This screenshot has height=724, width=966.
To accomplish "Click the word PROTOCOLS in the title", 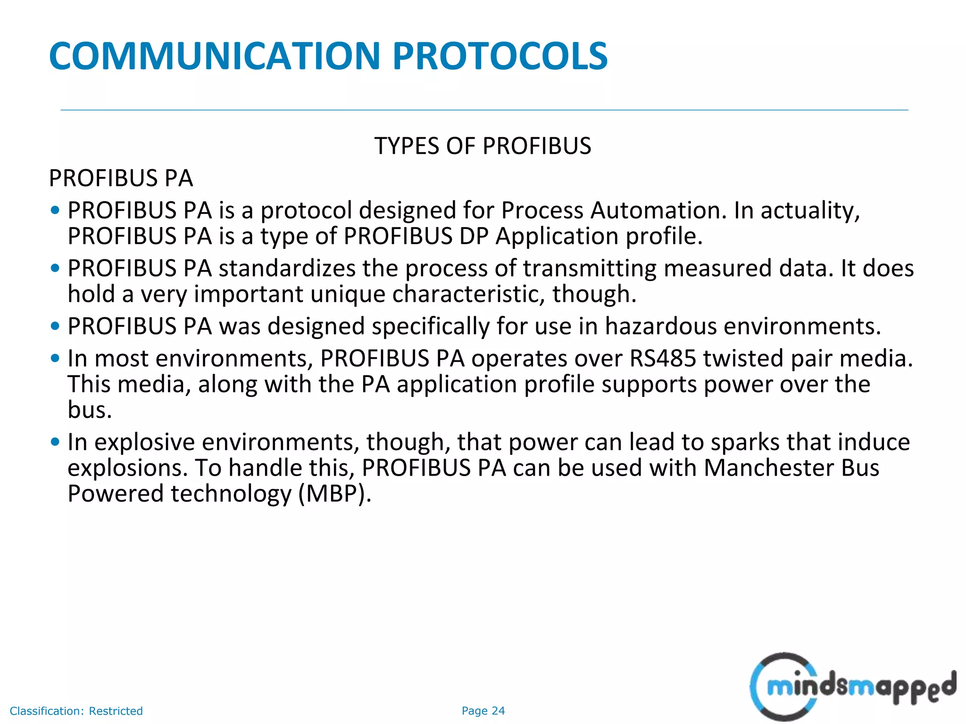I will coord(500,56).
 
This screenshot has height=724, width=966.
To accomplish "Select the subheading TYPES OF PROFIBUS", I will coord(483,146).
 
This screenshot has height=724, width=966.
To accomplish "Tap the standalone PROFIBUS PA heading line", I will coord(121,178).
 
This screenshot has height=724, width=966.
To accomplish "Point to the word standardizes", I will coord(287,268).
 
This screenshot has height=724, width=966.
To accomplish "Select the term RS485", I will coord(663,358).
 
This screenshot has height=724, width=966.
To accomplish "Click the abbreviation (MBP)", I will coord(335,494).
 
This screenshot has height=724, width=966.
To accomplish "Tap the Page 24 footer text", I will coord(483,711).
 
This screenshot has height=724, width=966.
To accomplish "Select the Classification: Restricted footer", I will coord(76,711).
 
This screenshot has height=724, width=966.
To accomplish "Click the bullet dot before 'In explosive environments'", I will coord(55,442).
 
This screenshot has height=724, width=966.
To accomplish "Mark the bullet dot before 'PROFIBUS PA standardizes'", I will coord(55,268).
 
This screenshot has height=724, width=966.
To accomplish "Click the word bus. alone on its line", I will coord(90,410).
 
